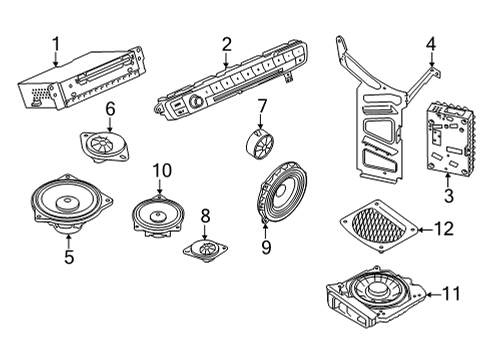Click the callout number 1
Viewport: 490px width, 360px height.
56,44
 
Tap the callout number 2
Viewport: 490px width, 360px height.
226,44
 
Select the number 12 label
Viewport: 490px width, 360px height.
444,229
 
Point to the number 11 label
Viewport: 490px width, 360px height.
451,294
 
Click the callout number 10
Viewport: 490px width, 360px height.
162,170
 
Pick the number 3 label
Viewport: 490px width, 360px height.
449,195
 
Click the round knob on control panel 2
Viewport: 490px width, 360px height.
194,102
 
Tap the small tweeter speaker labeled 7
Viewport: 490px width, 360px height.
259,143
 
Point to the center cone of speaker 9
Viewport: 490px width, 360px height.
280,191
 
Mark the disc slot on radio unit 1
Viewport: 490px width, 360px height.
104,69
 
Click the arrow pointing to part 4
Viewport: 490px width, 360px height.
431,60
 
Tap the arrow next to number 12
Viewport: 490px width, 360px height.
426,229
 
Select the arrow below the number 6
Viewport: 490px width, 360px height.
110,124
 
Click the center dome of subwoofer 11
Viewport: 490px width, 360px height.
376,289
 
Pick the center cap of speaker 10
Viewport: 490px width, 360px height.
158,216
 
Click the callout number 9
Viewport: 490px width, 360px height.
266,247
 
